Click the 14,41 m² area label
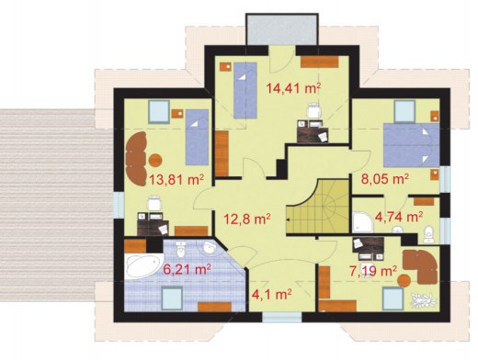[293, 88]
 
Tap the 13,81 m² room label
[176, 180]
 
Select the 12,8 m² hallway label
[246, 219]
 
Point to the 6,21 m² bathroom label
[187, 270]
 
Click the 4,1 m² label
[271, 294]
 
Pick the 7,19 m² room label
[373, 271]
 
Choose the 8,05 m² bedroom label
[385, 178]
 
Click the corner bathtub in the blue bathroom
[144, 265]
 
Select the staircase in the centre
[317, 207]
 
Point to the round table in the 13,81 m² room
[155, 160]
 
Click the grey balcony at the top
[282, 30]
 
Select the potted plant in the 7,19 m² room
[423, 299]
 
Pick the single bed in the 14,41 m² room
[245, 90]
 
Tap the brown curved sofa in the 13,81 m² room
[136, 159]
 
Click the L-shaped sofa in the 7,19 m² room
[421, 265]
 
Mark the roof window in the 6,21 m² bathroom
[172, 298]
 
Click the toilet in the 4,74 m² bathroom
[429, 234]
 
